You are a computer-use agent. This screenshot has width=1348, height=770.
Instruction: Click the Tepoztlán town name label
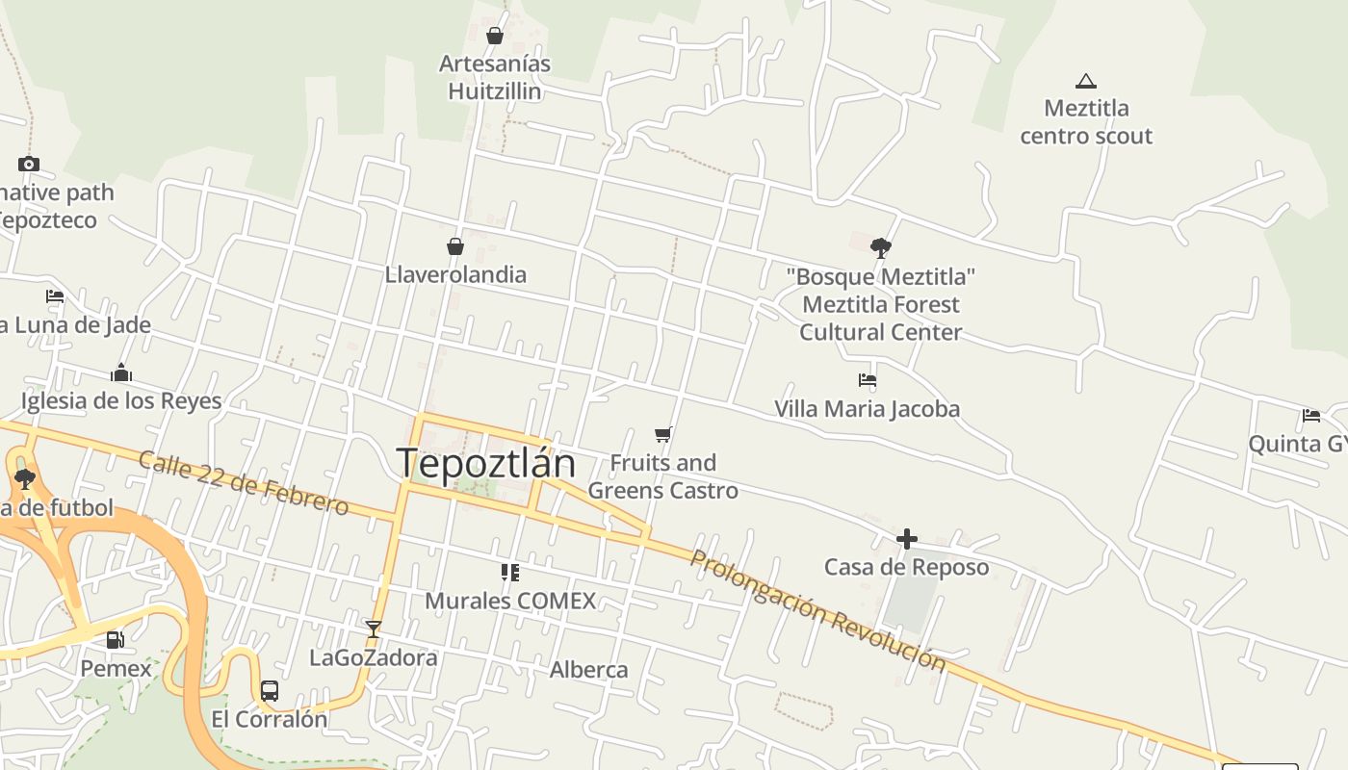point(485,463)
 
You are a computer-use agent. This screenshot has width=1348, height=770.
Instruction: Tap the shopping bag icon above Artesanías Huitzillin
point(495,36)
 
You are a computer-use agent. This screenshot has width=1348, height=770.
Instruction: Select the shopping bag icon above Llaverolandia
point(455,246)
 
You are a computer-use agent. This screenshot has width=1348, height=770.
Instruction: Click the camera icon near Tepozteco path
point(29,164)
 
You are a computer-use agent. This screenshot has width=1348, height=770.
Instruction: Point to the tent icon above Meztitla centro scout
point(1086,81)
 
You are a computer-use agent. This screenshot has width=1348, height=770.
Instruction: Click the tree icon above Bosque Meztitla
point(880,248)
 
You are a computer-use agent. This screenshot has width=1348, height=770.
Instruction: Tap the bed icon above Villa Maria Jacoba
point(868,380)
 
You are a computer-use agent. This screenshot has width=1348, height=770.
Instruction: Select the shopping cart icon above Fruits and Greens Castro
point(662,434)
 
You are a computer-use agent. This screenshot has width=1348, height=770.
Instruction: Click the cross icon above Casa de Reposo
point(906,539)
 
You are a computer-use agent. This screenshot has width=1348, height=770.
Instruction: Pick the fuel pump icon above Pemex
point(116,640)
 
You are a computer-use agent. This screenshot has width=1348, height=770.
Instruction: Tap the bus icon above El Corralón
point(270,691)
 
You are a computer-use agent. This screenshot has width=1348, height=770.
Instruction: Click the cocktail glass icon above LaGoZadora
point(374,629)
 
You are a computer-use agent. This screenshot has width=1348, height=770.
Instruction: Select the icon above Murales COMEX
point(510,573)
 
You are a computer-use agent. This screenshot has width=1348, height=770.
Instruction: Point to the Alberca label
point(588,670)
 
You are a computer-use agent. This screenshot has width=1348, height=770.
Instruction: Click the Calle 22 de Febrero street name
point(243,483)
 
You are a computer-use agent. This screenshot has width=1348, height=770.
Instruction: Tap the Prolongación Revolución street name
point(818,610)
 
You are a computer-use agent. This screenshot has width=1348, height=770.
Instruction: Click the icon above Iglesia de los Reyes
point(121,372)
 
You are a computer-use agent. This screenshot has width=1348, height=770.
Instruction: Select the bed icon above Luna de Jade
point(55,296)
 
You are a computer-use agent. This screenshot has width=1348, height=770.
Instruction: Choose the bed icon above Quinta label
point(1311,416)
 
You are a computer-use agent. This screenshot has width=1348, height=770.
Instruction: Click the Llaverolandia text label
point(455,274)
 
